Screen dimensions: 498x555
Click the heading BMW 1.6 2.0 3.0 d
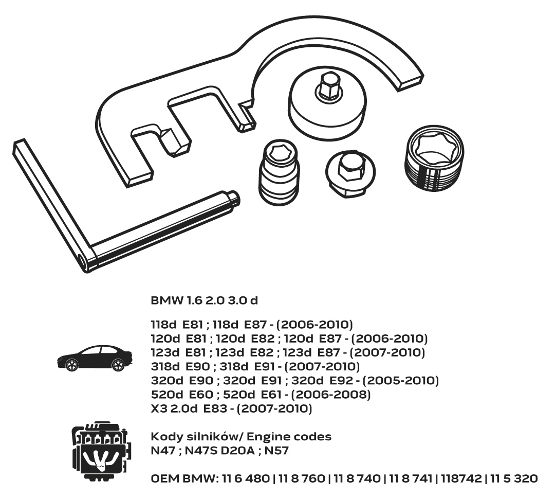point(205,299)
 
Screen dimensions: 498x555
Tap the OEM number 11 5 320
point(514,478)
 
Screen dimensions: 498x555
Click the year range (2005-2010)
point(401,381)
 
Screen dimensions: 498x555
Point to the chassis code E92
point(342,381)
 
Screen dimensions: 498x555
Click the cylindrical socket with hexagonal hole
point(279,172)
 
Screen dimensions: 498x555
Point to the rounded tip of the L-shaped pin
point(234,198)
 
